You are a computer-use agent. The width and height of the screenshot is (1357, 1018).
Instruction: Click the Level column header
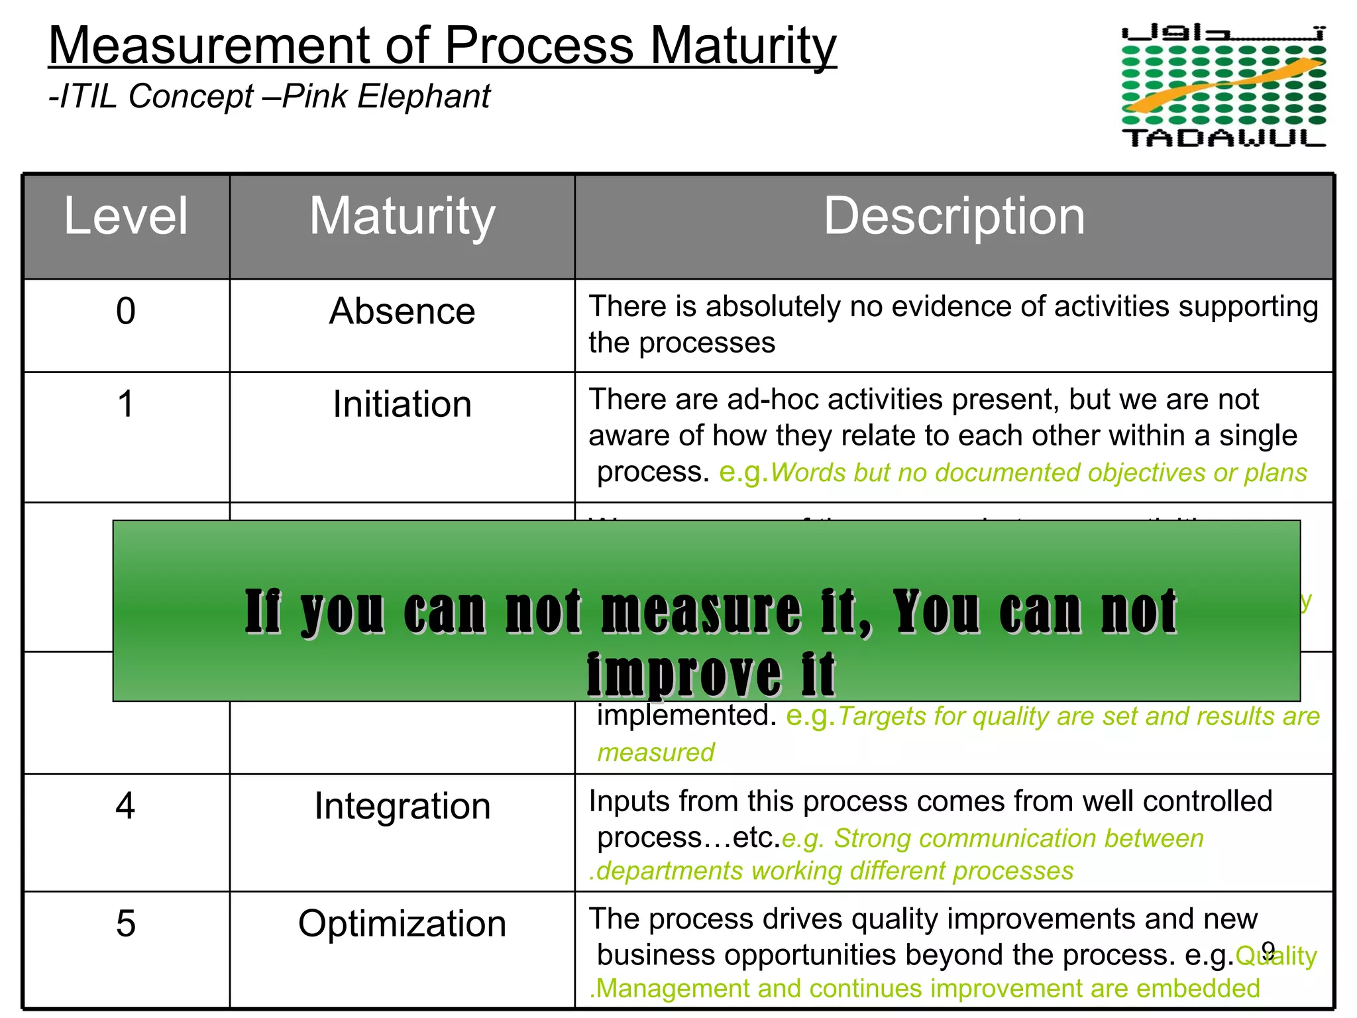click(126, 217)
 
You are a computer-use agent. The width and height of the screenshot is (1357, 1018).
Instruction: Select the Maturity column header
click(402, 217)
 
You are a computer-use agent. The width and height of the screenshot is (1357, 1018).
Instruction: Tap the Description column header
click(954, 217)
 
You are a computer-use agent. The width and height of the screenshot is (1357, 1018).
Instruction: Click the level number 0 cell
click(126, 311)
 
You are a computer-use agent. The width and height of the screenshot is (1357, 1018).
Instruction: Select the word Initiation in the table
click(402, 404)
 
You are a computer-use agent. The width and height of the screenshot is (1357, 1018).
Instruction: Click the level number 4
click(126, 806)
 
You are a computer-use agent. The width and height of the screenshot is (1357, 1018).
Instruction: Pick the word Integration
click(402, 806)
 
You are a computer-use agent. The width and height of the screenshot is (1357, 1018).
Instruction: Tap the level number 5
click(126, 923)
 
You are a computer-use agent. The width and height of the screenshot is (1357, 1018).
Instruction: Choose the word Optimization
click(402, 923)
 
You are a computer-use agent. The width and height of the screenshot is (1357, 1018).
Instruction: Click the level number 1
click(126, 404)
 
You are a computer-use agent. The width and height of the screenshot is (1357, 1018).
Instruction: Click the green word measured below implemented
click(656, 753)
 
